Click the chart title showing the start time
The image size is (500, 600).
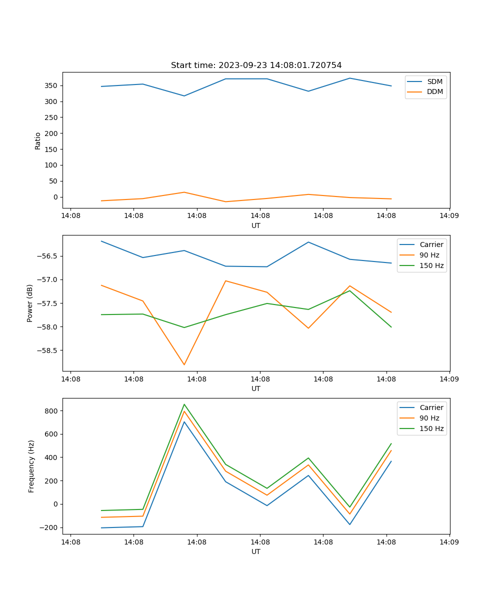[x=256, y=65]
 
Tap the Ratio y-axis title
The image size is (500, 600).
[x=38, y=140]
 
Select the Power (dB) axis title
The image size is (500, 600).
[x=30, y=303]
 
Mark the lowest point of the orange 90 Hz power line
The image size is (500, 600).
[x=184, y=364]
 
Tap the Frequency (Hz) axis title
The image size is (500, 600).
[x=31, y=466]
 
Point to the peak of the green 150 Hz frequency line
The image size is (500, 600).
[x=184, y=404]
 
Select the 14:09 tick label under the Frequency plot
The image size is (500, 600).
[x=449, y=542]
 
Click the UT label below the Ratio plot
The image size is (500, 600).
[x=256, y=225]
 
